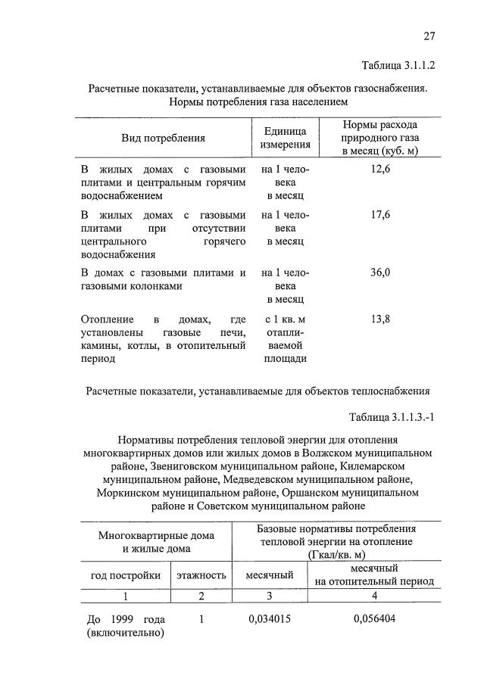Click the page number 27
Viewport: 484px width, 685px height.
429,36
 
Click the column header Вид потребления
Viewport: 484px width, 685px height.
163,138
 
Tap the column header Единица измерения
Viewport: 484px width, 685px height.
285,138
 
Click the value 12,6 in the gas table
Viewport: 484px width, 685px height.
380,170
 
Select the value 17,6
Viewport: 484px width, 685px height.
380,215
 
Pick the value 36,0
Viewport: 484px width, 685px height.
380,272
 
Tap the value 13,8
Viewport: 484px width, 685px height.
380,319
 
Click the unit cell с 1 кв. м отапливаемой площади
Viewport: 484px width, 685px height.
285,338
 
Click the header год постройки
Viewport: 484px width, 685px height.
125,576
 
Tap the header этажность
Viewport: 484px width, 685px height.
201,576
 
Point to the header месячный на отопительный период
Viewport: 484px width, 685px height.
374,575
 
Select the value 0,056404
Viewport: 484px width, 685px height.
374,619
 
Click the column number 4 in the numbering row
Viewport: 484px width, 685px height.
374,596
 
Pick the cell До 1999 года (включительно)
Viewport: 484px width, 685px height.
126,626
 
